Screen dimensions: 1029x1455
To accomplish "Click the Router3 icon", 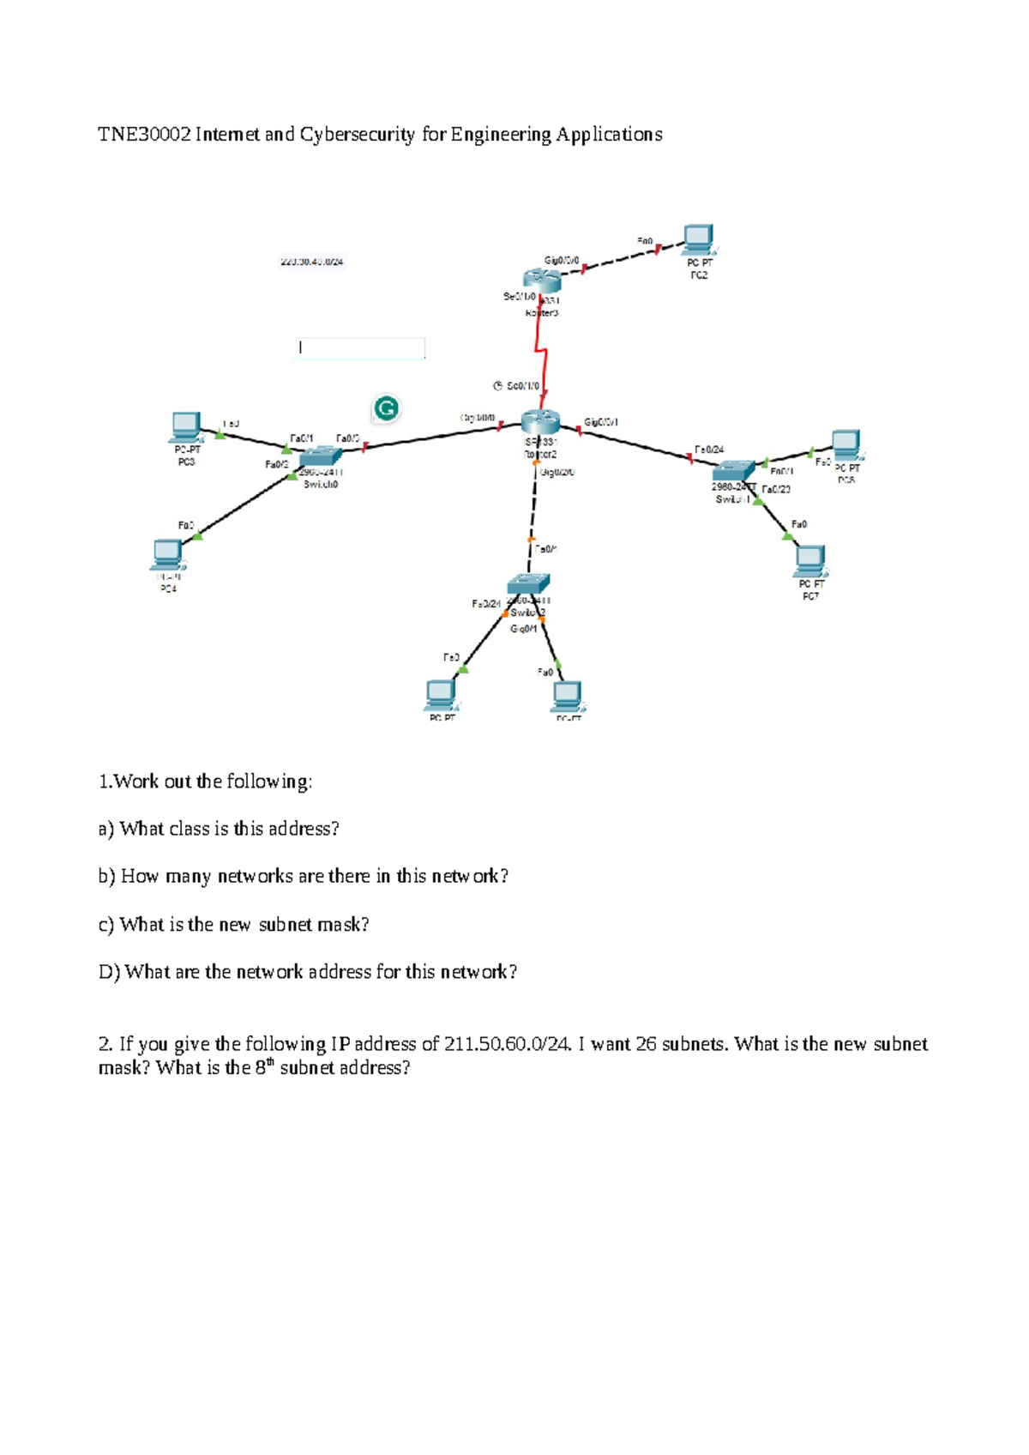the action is click(x=542, y=280).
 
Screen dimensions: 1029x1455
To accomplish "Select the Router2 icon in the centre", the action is click(x=540, y=422).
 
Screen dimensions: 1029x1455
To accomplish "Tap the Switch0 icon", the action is click(x=321, y=457).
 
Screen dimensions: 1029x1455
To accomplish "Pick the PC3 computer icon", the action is click(x=186, y=426).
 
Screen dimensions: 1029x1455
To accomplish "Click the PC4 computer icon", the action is click(x=167, y=554).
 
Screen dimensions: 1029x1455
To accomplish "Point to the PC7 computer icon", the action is click(x=809, y=560).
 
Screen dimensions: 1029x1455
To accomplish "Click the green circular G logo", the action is click(x=387, y=409).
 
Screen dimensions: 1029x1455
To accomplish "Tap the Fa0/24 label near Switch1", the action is click(x=709, y=450).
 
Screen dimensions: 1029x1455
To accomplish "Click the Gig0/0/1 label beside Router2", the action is click(x=601, y=422).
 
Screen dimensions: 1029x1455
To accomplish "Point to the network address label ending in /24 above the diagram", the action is click(x=312, y=262).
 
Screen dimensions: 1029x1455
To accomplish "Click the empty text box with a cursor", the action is click(x=360, y=347).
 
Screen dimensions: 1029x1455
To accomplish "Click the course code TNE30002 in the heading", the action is click(x=143, y=135).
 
